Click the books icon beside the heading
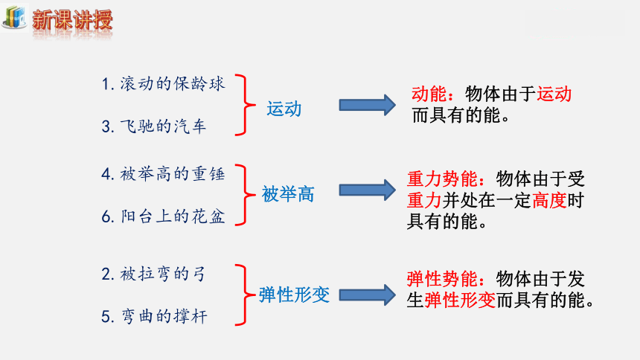tap(15, 18)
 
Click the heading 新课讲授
tap(72, 19)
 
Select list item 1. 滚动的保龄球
tap(163, 83)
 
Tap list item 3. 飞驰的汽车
tap(154, 126)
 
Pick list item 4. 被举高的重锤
tap(163, 174)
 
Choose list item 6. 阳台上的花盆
tap(163, 216)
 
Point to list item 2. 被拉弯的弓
tap(153, 274)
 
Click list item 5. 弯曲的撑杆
tap(154, 316)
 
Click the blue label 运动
tap(284, 109)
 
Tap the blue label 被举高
tap(288, 194)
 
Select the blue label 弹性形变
tap(294, 295)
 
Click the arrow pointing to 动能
tap(368, 105)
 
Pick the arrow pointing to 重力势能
tap(368, 190)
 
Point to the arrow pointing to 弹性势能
tap(368, 295)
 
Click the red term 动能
tap(429, 94)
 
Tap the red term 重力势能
tap(442, 179)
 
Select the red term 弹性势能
tap(442, 279)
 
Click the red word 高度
tap(549, 200)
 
